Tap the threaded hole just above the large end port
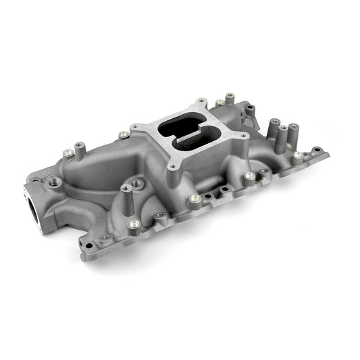(x=53, y=180)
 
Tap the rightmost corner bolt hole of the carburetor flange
(x=238, y=134)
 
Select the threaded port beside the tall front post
(x=138, y=183)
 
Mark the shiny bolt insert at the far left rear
(x=68, y=153)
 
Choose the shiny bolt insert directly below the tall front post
(x=134, y=224)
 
